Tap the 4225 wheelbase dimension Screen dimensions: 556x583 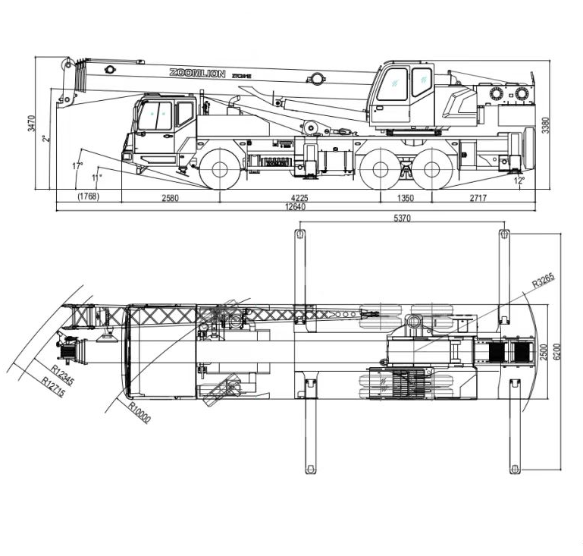point(299,198)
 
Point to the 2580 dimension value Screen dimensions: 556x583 point(170,198)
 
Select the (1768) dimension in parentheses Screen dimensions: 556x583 point(88,198)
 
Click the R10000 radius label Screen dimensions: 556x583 point(139,413)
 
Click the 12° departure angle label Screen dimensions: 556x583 point(519,181)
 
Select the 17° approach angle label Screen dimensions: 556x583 point(77,165)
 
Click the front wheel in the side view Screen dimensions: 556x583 point(220,168)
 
